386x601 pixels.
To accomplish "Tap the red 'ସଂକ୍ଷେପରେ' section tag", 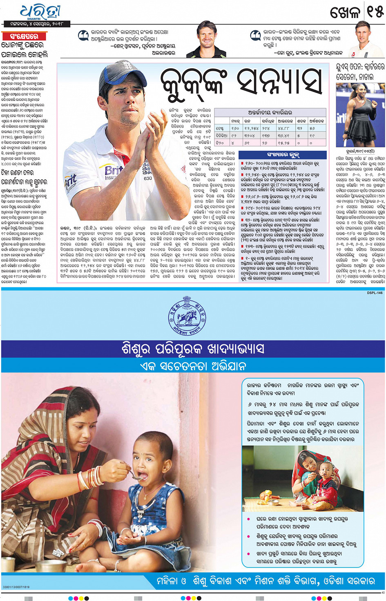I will (24, 36).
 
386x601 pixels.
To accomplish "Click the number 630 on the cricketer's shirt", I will (148, 178).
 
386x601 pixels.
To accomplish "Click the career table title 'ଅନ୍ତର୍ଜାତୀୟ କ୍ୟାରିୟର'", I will (270, 112).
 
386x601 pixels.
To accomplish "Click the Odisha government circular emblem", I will (186, 318).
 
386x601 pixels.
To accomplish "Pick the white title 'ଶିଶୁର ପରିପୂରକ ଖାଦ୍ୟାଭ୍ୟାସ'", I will (193, 349).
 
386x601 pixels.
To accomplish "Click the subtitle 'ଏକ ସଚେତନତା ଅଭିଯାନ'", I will (193, 366).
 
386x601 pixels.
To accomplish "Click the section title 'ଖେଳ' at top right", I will (345, 12).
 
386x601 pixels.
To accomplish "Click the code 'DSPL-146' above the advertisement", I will (375, 293).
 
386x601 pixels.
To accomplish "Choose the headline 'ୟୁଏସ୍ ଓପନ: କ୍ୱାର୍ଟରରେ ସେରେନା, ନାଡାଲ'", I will (360, 72).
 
